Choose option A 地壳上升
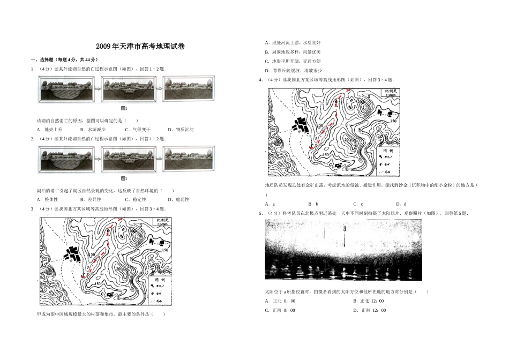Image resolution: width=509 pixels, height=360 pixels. pos(50,130)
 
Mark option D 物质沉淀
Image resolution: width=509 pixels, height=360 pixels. pos(181,130)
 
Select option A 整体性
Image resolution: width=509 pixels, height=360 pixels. pos(47,199)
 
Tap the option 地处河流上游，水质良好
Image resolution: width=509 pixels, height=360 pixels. pos(293,42)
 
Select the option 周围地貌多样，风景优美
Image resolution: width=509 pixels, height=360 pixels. pos(293,52)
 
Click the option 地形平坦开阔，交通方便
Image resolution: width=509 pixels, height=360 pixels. pos(293,61)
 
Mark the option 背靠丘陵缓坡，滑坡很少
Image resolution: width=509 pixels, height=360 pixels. pos(294,70)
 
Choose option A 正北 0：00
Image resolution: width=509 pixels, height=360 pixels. pos(280,301)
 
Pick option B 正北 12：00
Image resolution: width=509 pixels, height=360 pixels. pos(369,301)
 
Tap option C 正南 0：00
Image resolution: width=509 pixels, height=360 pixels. pos(280,310)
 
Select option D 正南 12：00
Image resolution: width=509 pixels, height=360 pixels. pos(369,310)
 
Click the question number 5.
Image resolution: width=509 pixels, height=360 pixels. pos(260,214)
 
